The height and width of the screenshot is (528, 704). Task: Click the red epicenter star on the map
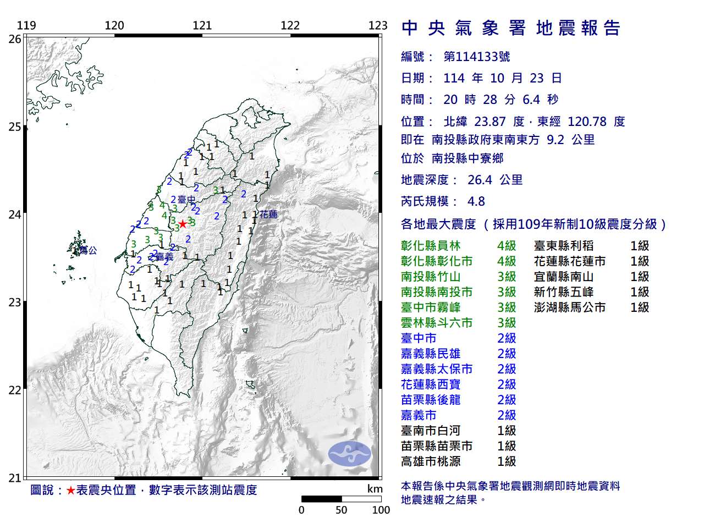pos(183,224)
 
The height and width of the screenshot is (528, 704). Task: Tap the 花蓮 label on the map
pos(268,215)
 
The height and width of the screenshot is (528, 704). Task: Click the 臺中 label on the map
pos(186,200)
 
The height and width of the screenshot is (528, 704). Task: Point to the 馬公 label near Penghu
pos(88,250)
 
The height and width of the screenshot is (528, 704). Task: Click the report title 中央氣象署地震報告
pos(511,28)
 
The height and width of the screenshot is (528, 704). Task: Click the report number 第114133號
pos(476,57)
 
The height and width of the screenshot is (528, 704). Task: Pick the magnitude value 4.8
pos(476,201)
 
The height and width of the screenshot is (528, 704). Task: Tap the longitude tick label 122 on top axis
pos(290,25)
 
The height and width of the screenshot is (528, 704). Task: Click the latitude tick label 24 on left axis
pos(15,215)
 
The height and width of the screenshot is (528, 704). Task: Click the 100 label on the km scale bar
pos(381,510)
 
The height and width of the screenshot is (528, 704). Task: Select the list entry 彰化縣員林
pos(431,246)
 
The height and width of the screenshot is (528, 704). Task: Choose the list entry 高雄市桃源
pos(431,461)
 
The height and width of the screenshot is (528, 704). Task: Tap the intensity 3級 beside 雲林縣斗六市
pos(507,323)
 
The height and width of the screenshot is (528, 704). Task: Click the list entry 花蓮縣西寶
pos(431,384)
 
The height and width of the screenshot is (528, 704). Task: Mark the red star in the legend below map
pos(70,490)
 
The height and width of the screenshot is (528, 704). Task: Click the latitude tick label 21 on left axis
pos(15,478)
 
